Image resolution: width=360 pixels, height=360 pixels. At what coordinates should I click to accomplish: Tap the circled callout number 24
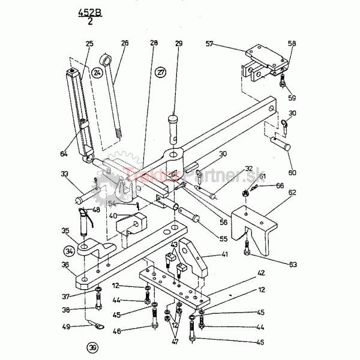coord(98,73)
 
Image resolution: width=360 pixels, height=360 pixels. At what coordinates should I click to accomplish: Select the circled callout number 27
coord(160,73)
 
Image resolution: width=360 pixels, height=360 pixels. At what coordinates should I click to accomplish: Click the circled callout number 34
coord(70,250)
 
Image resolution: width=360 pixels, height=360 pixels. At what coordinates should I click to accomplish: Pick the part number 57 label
coord(209,44)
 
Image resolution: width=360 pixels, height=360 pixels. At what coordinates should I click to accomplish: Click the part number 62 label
coord(292,193)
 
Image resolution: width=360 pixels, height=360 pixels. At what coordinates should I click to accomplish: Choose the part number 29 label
coord(179,44)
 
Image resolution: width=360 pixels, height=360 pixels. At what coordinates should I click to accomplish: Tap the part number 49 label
coord(67,327)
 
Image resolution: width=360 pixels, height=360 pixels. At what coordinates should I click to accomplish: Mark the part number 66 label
coord(280,186)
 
